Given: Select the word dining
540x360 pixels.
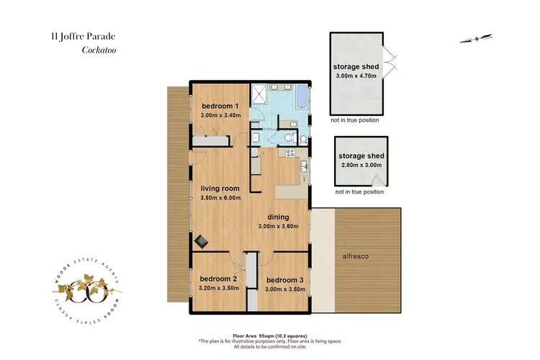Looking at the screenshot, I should [x=278, y=217].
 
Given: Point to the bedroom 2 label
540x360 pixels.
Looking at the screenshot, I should [x=218, y=278].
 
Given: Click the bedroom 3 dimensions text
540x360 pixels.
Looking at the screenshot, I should [x=286, y=289].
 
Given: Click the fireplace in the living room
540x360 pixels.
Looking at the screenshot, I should [x=202, y=243].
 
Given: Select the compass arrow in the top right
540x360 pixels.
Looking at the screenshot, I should [x=476, y=38].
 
